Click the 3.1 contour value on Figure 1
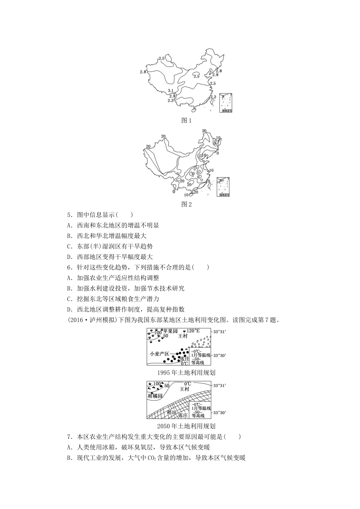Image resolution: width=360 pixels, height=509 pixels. click(171, 91)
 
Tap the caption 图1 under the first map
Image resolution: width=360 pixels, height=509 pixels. click(186, 120)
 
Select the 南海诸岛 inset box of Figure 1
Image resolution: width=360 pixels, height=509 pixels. click(225, 102)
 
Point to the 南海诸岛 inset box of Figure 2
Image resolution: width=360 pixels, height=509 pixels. click(224, 187)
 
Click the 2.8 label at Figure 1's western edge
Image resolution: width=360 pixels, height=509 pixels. click(143, 72)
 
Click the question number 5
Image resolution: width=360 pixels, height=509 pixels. click(69, 215)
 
